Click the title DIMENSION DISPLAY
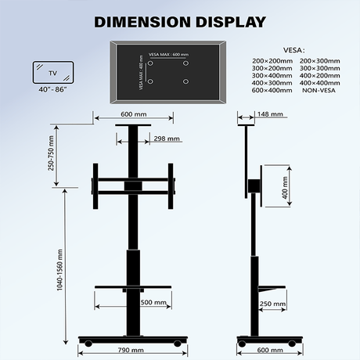[x=179, y=21]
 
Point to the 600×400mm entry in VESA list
[x=272, y=90]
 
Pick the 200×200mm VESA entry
[x=272, y=60]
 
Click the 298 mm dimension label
[x=167, y=139]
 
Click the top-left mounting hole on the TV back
[x=153, y=64]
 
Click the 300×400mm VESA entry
[x=272, y=75]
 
